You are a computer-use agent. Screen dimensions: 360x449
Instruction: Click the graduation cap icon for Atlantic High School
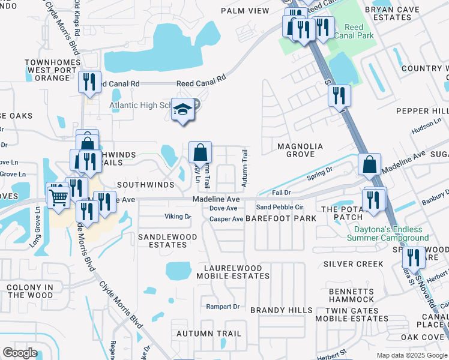pyautogui.click(x=182, y=110)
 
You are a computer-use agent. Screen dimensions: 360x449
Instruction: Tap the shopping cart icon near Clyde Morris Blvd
pyautogui.click(x=58, y=195)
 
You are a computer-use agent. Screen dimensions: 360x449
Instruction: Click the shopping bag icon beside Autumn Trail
pyautogui.click(x=200, y=153)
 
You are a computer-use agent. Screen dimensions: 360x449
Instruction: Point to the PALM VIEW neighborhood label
pyautogui.click(x=245, y=11)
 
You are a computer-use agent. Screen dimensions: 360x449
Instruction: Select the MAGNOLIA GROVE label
pyautogui.click(x=300, y=151)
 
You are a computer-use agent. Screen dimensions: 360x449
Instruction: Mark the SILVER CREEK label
pyautogui.click(x=353, y=264)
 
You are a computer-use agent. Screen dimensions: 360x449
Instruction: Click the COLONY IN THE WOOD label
pyautogui.click(x=29, y=291)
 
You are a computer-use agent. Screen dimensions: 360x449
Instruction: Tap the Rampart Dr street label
pyautogui.click(x=223, y=307)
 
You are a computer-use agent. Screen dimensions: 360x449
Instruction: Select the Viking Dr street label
pyautogui.click(x=178, y=217)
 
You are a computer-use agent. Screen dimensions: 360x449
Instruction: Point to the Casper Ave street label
pyautogui.click(x=226, y=219)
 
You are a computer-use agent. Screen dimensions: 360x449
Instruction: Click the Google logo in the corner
pyautogui.click(x=20, y=353)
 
